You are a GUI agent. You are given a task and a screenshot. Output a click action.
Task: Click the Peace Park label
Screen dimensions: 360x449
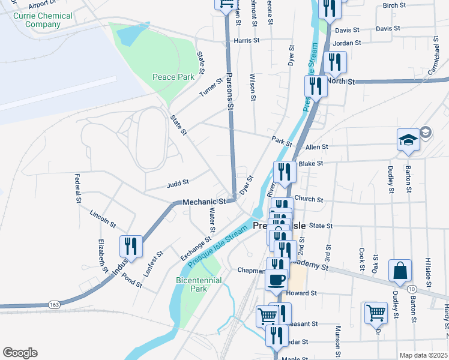pyautogui.click(x=173, y=77)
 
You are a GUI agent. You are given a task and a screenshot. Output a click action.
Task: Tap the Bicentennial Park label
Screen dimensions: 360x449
pyautogui.click(x=199, y=284)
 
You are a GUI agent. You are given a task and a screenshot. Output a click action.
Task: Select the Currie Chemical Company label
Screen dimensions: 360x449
pyautogui.click(x=43, y=20)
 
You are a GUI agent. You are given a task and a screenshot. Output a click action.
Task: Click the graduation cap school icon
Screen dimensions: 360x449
pyautogui.click(x=408, y=140)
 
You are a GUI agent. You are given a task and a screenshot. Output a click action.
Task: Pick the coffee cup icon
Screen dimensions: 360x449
pyautogui.click(x=277, y=279)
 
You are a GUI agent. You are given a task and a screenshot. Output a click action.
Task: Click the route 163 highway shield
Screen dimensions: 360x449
pyautogui.click(x=54, y=304)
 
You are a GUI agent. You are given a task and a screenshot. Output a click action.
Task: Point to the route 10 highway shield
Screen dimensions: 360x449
pyautogui.click(x=412, y=289)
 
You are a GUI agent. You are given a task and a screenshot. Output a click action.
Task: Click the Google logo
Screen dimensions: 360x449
pyautogui.click(x=19, y=353)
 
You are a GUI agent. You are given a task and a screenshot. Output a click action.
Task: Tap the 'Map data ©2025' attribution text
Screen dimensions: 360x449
pyautogui.click(x=423, y=355)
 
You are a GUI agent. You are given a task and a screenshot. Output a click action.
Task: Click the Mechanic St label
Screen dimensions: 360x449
pyautogui.click(x=204, y=202)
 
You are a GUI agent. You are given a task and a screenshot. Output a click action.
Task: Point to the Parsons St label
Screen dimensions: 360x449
pyautogui.click(x=229, y=91)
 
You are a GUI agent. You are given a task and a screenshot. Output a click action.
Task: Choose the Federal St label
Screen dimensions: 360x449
pyautogui.click(x=77, y=188)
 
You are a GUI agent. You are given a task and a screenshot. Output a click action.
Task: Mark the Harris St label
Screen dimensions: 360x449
pyautogui.click(x=246, y=41)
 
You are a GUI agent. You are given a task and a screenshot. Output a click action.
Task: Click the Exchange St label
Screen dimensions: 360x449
pyautogui.click(x=196, y=248)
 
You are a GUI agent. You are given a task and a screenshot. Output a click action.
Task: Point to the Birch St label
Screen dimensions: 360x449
pyautogui.click(x=394, y=5)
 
